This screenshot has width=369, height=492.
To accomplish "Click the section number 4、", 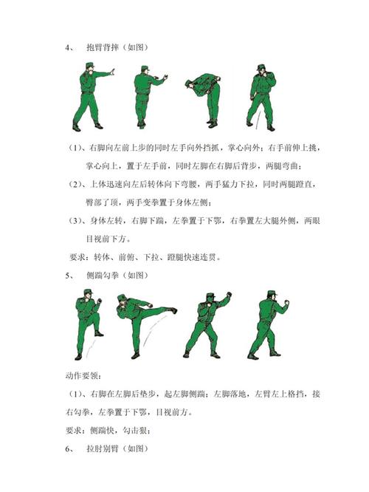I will point(69,47).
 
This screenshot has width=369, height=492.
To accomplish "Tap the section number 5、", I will point(69,275).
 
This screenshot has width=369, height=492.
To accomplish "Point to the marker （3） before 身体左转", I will point(77,221).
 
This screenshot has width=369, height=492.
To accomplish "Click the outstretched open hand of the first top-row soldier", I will point(113,72).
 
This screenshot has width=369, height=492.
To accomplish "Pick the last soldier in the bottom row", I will point(269,325).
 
